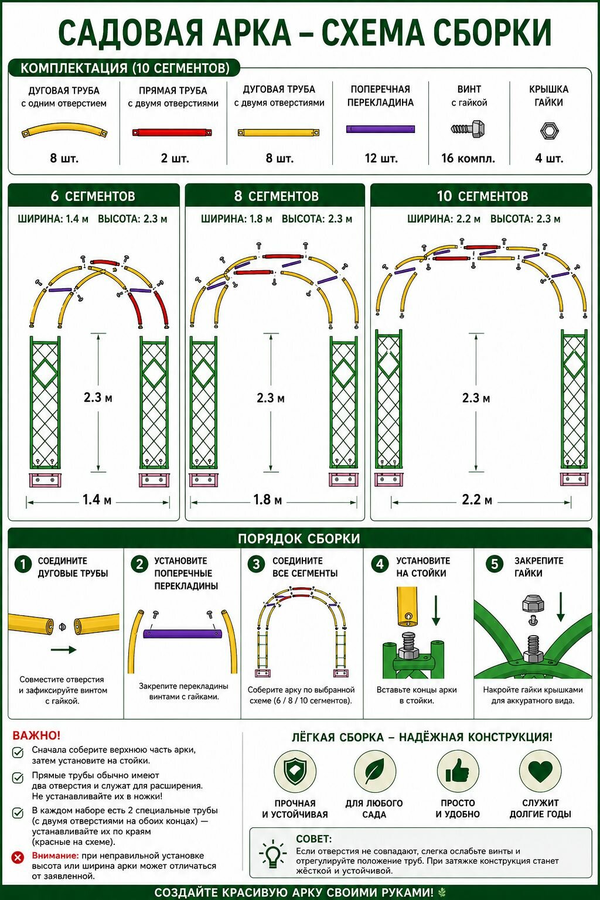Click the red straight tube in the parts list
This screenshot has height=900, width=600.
click(x=172, y=132)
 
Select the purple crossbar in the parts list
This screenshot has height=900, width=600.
click(x=380, y=129)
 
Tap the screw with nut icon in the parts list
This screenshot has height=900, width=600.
click(x=468, y=129)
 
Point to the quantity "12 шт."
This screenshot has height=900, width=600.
click(x=381, y=158)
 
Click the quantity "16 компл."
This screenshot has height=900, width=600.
click(x=468, y=158)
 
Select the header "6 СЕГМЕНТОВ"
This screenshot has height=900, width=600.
click(x=93, y=196)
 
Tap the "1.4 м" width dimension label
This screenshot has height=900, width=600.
click(x=97, y=500)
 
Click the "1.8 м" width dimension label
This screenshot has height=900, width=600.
click(x=267, y=500)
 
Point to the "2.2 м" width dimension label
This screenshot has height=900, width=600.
click(x=476, y=500)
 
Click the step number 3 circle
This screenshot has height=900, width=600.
click(x=256, y=564)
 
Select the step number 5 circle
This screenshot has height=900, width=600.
click(x=495, y=564)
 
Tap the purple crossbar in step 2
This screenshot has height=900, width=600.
click(x=183, y=633)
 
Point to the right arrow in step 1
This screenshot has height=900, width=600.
click(x=63, y=650)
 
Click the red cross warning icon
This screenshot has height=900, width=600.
click(x=18, y=857)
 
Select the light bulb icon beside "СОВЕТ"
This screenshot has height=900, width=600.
click(x=273, y=853)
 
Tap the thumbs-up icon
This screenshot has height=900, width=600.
click(x=458, y=772)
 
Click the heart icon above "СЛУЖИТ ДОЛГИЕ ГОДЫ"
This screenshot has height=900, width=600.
click(x=540, y=771)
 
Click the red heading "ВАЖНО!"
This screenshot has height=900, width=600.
click(x=36, y=735)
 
